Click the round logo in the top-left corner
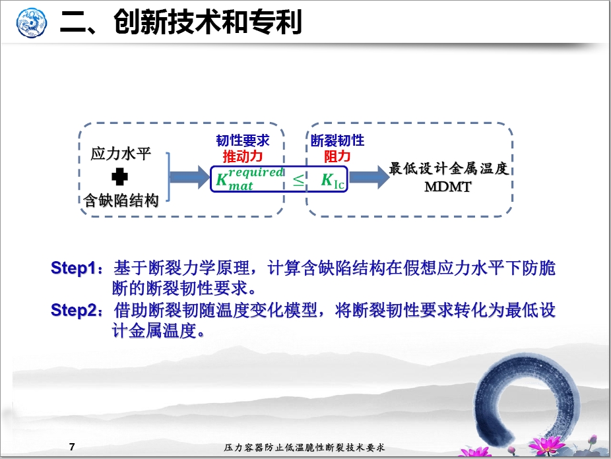(32, 23)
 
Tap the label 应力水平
(120, 154)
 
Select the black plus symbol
(119, 177)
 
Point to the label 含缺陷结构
(121, 200)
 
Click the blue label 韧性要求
(243, 140)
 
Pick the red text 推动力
(243, 156)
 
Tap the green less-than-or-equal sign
(299, 180)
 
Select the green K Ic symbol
(333, 180)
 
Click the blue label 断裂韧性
(337, 140)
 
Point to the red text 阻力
(337, 156)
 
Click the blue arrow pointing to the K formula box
(190, 177)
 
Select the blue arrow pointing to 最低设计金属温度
(369, 177)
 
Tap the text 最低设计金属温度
(449, 168)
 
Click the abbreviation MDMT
(448, 187)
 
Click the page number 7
(72, 447)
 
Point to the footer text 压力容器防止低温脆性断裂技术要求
(304, 448)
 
